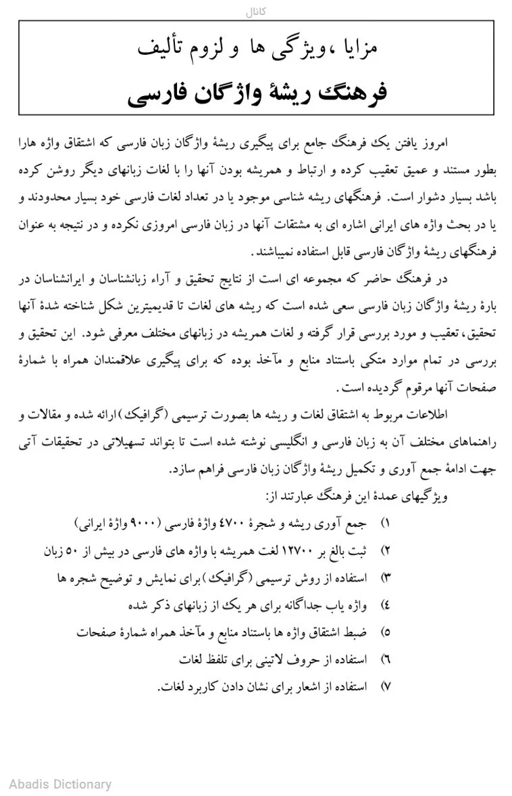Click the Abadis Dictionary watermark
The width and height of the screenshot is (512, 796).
tap(60, 785)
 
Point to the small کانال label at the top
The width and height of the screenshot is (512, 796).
tap(256, 11)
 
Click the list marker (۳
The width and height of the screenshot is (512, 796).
tap(386, 578)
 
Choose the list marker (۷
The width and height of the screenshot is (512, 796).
tap(386, 686)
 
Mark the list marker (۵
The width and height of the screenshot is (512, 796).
tap(386, 632)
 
